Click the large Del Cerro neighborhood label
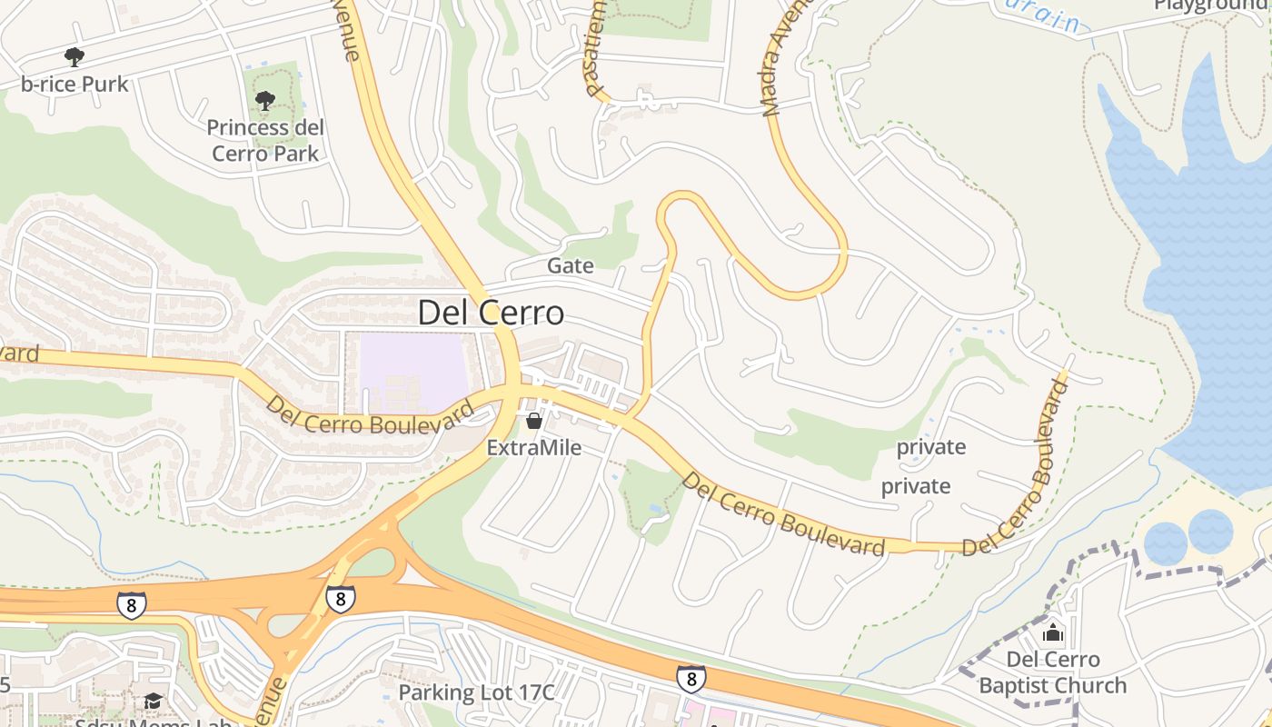(491, 314)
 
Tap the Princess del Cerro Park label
(265, 140)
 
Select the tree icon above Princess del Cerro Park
(265, 100)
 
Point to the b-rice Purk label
(75, 84)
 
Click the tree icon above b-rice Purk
(75, 57)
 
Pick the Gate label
(571, 265)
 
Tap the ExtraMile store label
(534, 448)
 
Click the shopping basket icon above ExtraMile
(534, 421)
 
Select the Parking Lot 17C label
(476, 692)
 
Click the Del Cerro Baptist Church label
(1053, 672)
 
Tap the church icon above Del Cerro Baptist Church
(1053, 632)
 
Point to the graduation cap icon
(153, 702)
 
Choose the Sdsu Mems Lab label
(153, 722)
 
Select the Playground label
(1212, 5)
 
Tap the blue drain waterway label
(1046, 16)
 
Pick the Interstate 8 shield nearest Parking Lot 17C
(691, 678)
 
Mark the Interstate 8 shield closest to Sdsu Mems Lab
(132, 604)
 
